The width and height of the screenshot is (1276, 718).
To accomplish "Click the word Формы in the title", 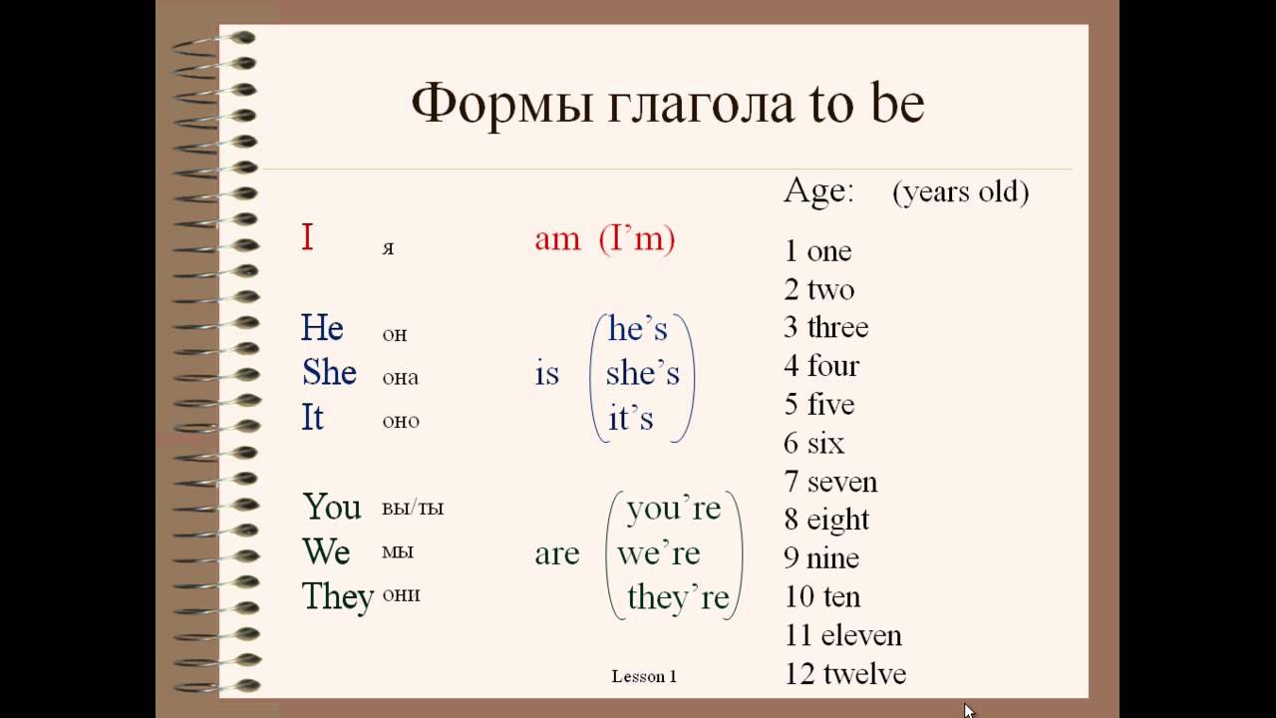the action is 501,106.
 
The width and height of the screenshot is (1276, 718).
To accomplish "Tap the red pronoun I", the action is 307,237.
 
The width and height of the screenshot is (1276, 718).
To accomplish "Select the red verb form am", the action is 557,240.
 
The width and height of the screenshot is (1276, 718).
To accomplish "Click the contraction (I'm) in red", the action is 637,238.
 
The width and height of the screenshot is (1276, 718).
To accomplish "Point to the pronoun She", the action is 329,372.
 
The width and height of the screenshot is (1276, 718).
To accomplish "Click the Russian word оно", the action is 401,421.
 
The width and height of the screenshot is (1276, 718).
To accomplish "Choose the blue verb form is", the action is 547,374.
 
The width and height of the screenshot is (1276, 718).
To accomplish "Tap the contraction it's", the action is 631,418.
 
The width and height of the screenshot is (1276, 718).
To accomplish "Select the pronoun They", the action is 338,596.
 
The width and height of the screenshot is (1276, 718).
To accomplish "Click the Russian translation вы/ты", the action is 413,507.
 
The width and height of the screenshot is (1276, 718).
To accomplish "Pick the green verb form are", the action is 557,553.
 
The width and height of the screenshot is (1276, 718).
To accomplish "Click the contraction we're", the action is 659,553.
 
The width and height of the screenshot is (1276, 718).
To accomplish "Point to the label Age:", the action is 818,189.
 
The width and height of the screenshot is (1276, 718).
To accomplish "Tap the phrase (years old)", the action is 961,192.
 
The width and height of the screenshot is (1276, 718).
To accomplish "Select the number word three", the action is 838,327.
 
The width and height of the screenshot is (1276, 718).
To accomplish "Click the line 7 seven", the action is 830,482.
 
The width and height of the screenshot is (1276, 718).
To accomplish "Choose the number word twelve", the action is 864,673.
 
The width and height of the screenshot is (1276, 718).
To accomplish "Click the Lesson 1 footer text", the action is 644,676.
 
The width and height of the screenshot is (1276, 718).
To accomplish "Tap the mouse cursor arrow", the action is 969,711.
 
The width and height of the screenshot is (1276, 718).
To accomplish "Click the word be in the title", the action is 898,104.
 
